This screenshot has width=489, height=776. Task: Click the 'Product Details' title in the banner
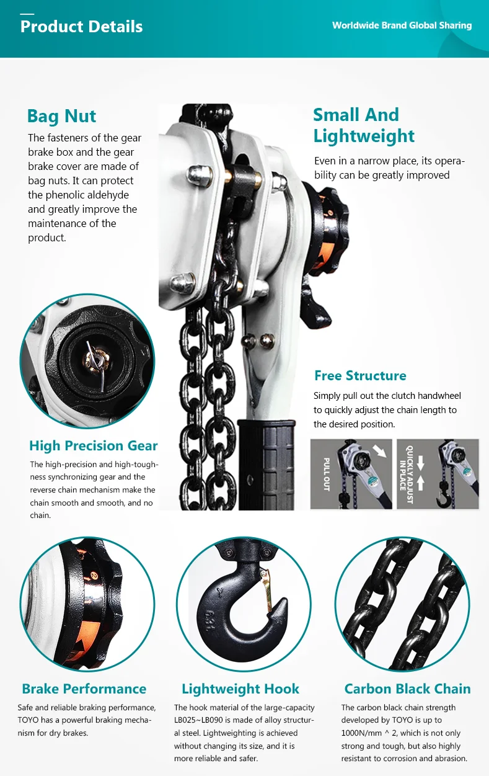point(81,27)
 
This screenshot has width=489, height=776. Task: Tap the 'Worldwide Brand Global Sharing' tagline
point(402,25)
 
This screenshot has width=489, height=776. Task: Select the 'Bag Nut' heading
point(61,116)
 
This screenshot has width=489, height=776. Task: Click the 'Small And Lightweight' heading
point(364,125)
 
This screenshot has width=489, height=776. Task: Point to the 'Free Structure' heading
point(360,375)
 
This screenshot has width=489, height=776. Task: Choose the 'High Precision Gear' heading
point(93,445)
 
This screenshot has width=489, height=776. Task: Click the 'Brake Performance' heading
point(84,689)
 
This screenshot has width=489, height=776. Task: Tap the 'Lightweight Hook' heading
point(240,689)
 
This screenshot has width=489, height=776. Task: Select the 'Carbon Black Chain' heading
point(407,689)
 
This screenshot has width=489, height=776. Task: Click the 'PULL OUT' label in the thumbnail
point(327,475)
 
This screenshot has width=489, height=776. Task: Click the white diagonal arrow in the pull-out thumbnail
point(381,453)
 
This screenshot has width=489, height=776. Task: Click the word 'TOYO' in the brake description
point(30,720)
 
